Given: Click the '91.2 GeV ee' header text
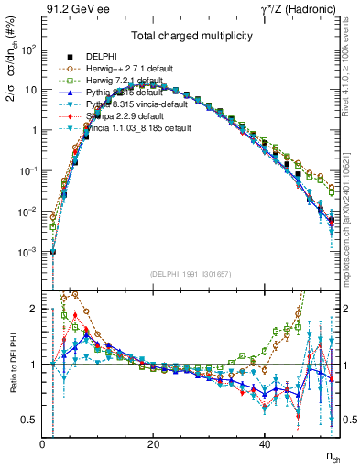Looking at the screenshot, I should pos(76,9).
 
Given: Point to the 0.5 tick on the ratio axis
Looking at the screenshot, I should pos(31,420).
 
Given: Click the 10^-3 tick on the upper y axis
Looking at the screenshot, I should pos(28,252).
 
